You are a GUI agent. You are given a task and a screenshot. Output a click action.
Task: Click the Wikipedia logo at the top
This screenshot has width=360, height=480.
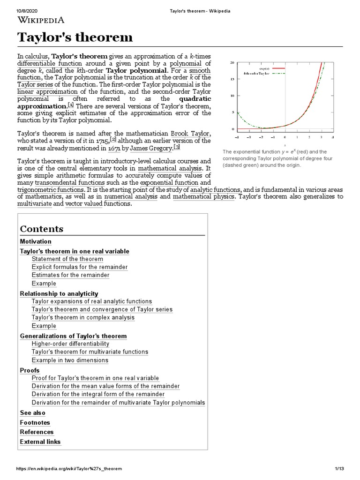[x=41, y=20]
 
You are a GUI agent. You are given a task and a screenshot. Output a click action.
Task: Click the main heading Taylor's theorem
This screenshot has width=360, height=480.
[x=75, y=37]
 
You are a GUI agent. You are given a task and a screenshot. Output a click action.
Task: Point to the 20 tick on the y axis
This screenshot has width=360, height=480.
[x=232, y=63]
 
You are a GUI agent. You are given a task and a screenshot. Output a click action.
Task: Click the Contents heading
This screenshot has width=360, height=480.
[x=42, y=229]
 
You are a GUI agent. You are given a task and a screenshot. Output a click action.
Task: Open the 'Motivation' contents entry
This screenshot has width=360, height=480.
[x=36, y=241]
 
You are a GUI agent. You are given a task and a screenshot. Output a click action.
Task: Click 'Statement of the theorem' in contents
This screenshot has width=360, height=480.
[x=67, y=259]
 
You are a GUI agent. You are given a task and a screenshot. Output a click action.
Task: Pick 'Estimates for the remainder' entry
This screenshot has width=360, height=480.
[x=70, y=275]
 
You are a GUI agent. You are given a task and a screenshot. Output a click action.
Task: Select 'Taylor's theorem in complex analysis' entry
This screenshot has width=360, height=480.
[x=83, y=318]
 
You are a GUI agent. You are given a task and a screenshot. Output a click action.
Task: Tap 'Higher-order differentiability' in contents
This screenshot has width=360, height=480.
[x=70, y=344]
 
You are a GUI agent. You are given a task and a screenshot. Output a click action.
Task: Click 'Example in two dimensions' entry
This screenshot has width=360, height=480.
[x=70, y=360]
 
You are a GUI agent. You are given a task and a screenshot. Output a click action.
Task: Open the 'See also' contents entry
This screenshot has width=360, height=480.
[x=33, y=413]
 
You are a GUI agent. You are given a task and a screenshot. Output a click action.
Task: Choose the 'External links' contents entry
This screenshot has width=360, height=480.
[x=40, y=442]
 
